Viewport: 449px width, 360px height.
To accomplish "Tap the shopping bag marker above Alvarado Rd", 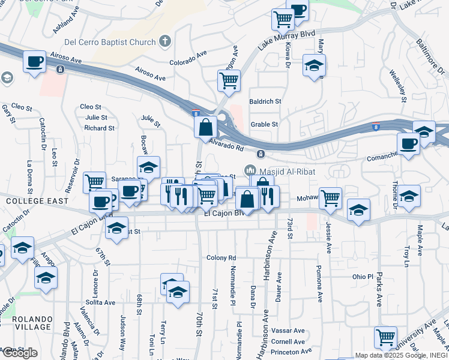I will point(205,127).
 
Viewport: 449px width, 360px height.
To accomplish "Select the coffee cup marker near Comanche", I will point(408,144).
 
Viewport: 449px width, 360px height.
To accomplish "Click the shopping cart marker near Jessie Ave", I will point(330,197).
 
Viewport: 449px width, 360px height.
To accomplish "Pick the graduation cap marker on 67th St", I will point(117,228).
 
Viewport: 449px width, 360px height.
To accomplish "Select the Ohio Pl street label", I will point(363,277).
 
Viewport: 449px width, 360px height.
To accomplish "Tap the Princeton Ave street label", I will point(291,351).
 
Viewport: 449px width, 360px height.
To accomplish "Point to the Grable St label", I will point(264,124).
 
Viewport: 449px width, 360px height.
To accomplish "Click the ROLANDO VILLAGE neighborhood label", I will point(25,322).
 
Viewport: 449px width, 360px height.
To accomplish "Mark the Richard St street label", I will point(99,128).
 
